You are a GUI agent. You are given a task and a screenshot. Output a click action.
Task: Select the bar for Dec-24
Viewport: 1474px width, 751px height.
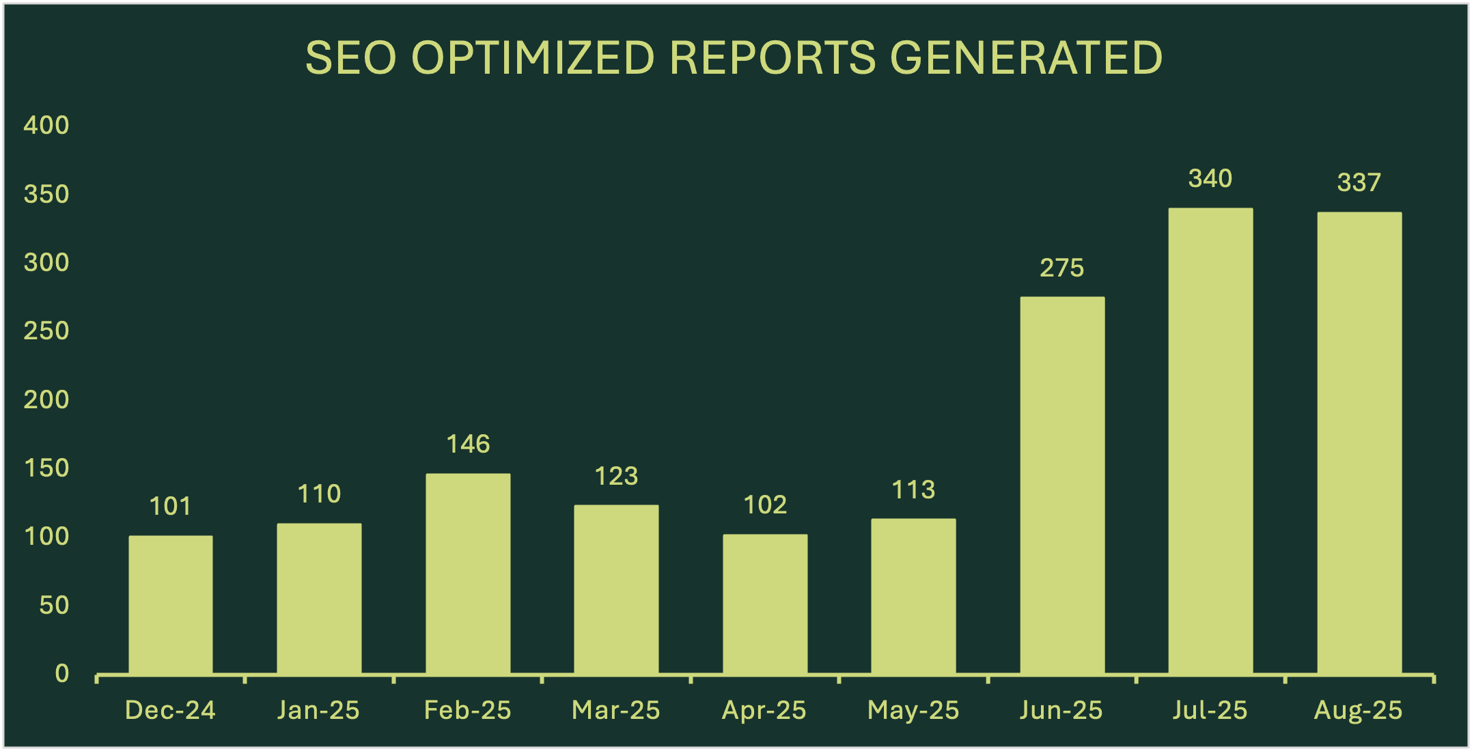(x=171, y=605)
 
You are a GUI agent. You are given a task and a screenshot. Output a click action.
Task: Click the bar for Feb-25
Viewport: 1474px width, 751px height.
(x=468, y=574)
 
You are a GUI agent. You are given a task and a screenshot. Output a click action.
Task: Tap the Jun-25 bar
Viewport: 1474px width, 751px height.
(x=1062, y=485)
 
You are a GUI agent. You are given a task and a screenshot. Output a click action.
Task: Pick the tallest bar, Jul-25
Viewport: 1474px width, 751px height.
(x=1210, y=441)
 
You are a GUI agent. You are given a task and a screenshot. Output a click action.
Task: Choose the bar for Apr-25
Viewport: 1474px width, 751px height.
(x=765, y=604)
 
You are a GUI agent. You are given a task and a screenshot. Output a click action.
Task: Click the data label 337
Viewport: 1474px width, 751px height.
(x=1359, y=182)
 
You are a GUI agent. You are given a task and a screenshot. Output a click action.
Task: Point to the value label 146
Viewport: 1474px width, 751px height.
(x=468, y=444)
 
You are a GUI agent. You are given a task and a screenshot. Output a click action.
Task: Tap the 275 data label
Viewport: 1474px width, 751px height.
(x=1062, y=268)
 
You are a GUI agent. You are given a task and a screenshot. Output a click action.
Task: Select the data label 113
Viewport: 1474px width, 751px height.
(x=913, y=490)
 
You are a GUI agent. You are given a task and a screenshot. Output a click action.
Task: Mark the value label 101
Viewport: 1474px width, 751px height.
(x=171, y=506)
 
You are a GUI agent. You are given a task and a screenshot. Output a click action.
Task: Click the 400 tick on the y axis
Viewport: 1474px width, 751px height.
(x=46, y=125)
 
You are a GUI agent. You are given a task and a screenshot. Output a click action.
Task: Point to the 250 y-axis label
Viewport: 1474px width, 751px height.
(x=46, y=331)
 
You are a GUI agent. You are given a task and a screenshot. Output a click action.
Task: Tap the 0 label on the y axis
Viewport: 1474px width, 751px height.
(x=62, y=674)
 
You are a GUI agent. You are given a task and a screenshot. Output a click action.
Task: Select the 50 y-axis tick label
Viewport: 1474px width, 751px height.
(x=55, y=606)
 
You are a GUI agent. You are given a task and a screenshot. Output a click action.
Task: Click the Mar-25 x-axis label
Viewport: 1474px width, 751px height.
(x=616, y=711)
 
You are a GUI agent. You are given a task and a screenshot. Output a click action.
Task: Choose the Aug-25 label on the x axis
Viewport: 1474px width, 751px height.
(x=1359, y=711)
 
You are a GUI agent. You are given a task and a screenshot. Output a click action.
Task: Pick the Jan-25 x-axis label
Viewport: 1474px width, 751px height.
(x=318, y=711)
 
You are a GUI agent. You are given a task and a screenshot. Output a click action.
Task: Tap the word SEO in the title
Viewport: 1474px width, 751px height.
(x=350, y=57)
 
